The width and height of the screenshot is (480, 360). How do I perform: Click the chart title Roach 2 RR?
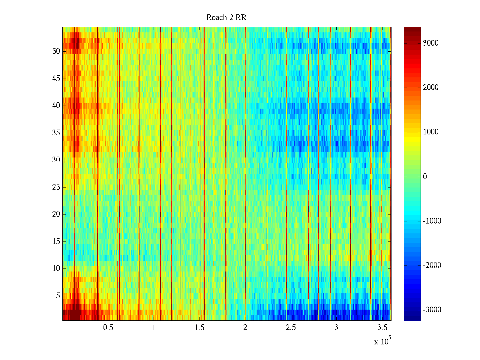pos(226,18)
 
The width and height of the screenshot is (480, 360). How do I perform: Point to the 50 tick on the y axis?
pos(56,51)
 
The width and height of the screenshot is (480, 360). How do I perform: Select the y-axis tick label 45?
pos(56,79)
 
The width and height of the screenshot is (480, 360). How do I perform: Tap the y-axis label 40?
pos(56,106)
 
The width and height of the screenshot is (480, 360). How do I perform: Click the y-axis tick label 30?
pos(56,160)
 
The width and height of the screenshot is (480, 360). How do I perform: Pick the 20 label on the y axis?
pos(56,214)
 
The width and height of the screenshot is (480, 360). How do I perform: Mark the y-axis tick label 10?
pos(56,268)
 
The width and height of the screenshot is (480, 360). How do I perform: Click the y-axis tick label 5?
pos(58,296)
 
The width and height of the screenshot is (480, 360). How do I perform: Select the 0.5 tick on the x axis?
pos(108,328)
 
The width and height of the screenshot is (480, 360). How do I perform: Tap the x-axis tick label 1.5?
pos(199,328)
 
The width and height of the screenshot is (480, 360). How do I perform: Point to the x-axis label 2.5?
pos(291,328)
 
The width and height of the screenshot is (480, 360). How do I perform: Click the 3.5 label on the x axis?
pos(382,328)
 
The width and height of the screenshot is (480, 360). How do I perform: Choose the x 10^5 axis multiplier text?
pos(382,341)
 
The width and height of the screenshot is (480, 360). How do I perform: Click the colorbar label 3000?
pos(430,43)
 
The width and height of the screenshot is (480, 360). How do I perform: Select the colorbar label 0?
pos(425,177)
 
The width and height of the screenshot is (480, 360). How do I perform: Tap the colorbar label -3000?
pos(432,310)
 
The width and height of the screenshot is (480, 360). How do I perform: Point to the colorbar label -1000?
pos(432,221)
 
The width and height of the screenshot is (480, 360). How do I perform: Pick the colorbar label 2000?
pos(430,88)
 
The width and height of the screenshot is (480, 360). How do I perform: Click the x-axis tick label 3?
pos(336,328)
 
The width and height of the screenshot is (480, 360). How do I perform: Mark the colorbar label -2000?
pos(432,265)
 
